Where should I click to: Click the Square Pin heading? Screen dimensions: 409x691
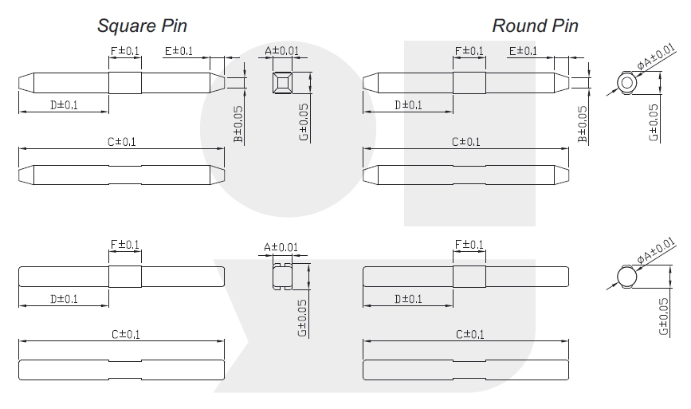(142, 26)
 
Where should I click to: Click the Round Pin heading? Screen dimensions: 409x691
(535, 26)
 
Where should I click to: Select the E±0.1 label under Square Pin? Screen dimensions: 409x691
(179, 51)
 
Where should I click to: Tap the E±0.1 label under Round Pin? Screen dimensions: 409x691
(523, 51)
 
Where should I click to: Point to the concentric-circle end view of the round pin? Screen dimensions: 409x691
(627, 83)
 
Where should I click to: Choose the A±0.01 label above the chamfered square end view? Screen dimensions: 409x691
(281, 51)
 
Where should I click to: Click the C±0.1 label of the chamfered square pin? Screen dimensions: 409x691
(122, 142)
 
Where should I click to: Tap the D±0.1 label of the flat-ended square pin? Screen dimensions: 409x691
(64, 299)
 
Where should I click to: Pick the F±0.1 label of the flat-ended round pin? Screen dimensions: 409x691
(469, 245)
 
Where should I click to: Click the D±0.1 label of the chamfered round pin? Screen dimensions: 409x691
(409, 105)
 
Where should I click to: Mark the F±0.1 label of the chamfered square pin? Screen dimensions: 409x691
(124, 51)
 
